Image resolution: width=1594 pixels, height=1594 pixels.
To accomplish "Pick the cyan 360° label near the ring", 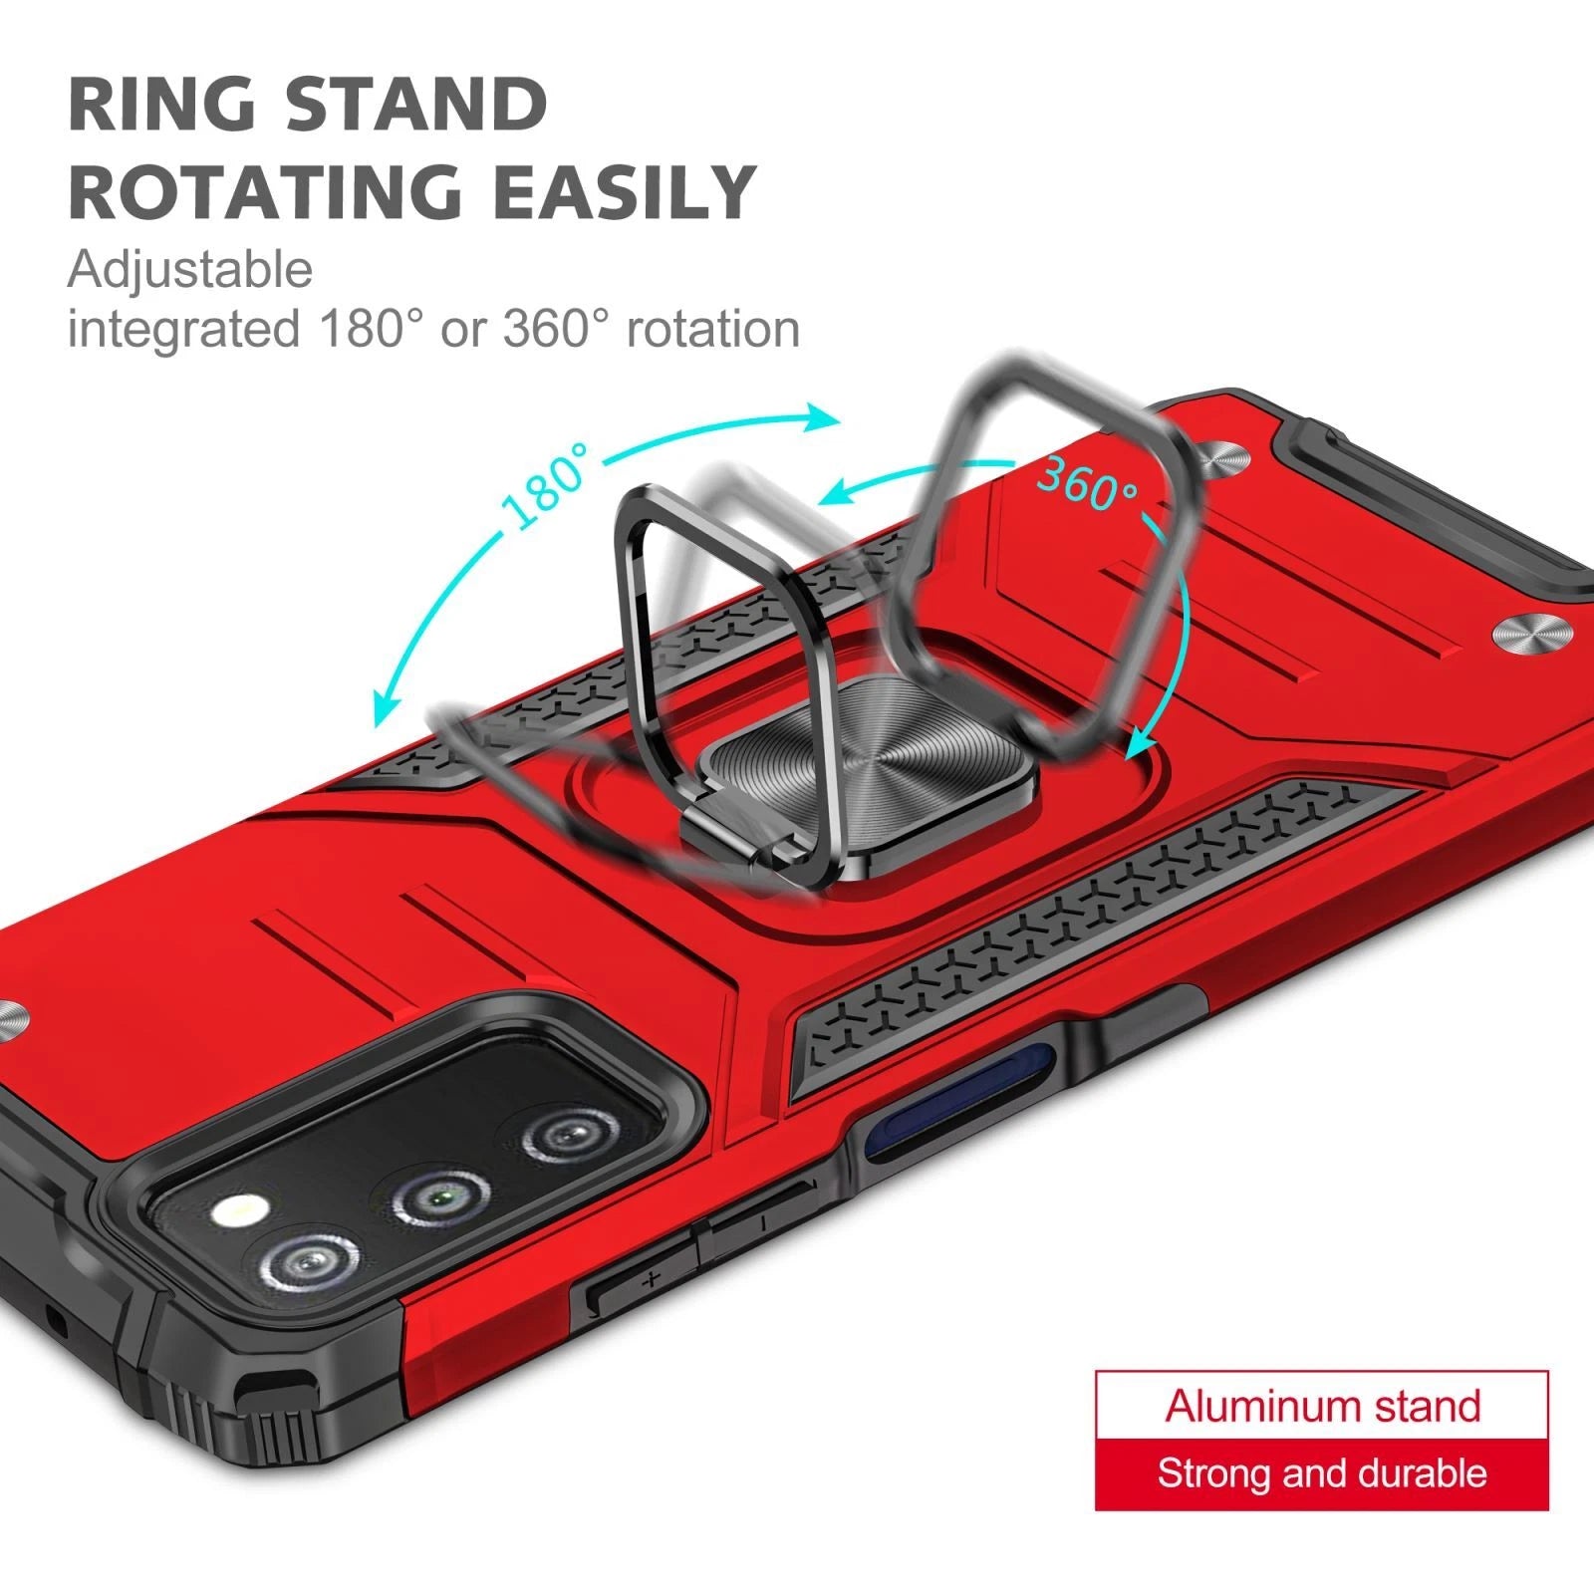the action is pyautogui.click(x=1087, y=482).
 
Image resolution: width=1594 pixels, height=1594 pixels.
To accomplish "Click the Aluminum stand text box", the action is pyautogui.click(x=1322, y=1406).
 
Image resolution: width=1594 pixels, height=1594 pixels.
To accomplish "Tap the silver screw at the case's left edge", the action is pyautogui.click(x=14, y=1022).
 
